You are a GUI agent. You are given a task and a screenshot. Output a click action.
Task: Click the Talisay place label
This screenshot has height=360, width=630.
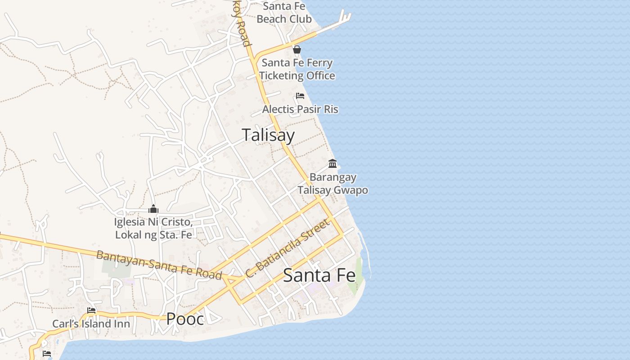tap(268, 135)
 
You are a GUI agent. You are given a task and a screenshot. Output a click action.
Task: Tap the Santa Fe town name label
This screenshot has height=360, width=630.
tap(319, 275)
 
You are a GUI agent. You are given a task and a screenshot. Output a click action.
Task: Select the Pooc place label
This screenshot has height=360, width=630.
tap(185, 319)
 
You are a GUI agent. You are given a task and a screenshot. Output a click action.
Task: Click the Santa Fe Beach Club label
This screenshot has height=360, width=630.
tap(284, 13)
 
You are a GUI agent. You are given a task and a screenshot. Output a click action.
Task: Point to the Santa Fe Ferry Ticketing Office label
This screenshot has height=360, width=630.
tap(297, 69)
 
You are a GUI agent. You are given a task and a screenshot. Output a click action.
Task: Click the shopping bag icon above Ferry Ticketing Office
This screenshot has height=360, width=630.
tap(297, 49)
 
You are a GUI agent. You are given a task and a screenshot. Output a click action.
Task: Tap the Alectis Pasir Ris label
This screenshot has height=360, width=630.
tap(300, 109)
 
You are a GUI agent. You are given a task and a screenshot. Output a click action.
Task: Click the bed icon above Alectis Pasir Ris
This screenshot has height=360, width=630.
tap(300, 96)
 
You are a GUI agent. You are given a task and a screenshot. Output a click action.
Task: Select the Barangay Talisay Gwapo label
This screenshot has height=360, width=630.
tap(333, 184)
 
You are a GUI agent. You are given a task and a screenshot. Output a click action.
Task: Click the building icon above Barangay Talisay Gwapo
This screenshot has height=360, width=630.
tap(333, 163)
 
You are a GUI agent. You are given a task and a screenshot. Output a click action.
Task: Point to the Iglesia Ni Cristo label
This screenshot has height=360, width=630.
tap(153, 228)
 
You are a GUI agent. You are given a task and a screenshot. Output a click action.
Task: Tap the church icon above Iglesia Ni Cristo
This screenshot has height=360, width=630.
tap(153, 209)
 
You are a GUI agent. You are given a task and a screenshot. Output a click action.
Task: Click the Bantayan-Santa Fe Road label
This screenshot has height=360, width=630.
tap(159, 265)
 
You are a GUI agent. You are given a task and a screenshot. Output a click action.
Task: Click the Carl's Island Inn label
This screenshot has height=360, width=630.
tap(91, 324)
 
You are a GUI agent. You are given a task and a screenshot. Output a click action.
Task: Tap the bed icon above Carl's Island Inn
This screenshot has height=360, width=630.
tap(91, 310)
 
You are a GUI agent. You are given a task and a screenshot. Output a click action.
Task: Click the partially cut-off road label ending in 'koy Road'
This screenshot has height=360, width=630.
tap(241, 27)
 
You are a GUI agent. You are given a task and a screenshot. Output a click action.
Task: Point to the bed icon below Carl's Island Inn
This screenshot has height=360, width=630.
tap(47, 354)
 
